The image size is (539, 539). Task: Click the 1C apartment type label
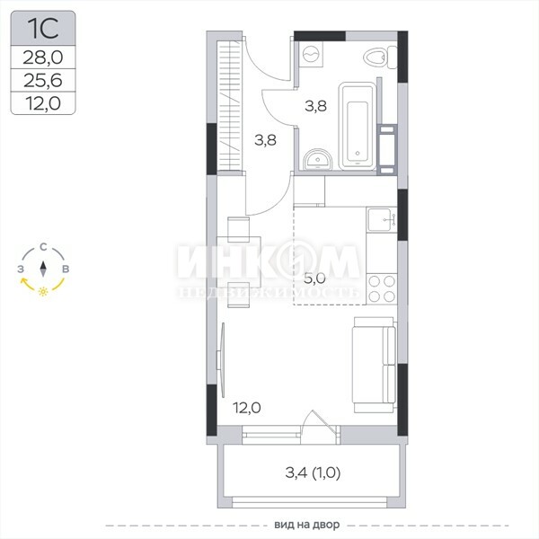pyautogui.click(x=43, y=29)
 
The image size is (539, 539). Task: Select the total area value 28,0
pyautogui.click(x=43, y=57)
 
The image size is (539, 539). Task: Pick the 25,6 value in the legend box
pyautogui.click(x=43, y=81)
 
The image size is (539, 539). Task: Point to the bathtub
pyautogui.click(x=358, y=126)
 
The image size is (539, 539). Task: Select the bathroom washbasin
pyautogui.click(x=318, y=160)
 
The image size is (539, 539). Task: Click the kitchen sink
pyautogui.click(x=381, y=220)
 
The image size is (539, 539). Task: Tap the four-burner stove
pyautogui.click(x=382, y=288)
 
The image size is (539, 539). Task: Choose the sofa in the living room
pyautogui.click(x=375, y=365)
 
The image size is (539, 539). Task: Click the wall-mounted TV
pyautogui.click(x=221, y=360)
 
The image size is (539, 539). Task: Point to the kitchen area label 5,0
pyautogui.click(x=314, y=278)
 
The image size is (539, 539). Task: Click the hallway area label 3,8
pyautogui.click(x=265, y=140)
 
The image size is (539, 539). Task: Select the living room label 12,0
pyautogui.click(x=247, y=408)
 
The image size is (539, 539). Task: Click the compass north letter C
pyautogui.click(x=43, y=247)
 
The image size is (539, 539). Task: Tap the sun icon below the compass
pyautogui.click(x=43, y=291)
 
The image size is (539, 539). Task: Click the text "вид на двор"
pyautogui.click(x=307, y=525)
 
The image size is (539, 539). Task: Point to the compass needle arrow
pyautogui.click(x=43, y=269)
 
